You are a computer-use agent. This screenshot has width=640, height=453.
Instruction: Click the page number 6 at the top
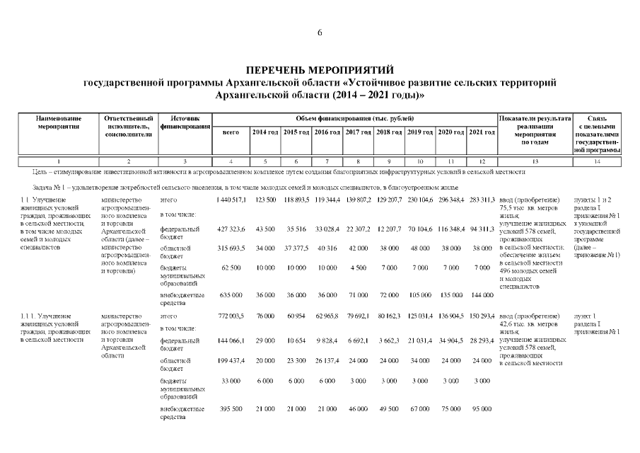tap(320, 33)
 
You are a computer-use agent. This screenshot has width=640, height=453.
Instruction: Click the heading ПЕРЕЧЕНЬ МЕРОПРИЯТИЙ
tap(320, 70)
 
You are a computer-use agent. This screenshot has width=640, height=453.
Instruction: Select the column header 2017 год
tap(359, 132)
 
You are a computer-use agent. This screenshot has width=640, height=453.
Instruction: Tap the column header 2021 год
tap(482, 132)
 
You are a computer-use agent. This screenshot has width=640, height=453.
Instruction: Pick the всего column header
tap(231, 132)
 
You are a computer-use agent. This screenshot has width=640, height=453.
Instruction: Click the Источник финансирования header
tap(187, 122)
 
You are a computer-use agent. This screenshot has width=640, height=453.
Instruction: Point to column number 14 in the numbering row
tap(597, 162)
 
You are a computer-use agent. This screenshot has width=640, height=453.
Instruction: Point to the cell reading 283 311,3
tap(482, 200)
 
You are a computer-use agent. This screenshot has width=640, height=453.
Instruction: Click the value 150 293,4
tap(482, 316)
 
